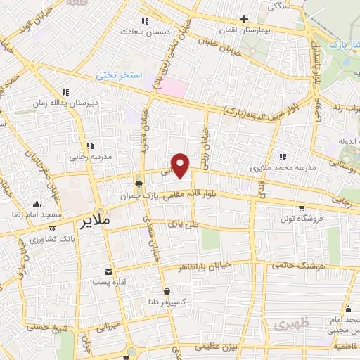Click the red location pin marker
coord(181,165)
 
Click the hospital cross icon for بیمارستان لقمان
coord(243,19)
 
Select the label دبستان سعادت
coord(142,32)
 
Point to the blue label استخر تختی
coord(119,75)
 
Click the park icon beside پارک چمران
coord(139,185)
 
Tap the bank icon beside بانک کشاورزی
coord(52,229)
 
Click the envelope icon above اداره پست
coord(108,271)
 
